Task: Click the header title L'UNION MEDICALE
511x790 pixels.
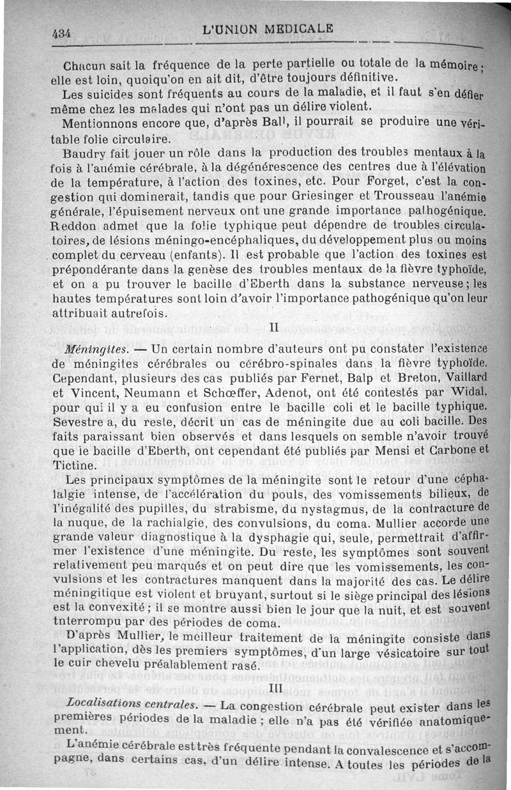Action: pos(267,29)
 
